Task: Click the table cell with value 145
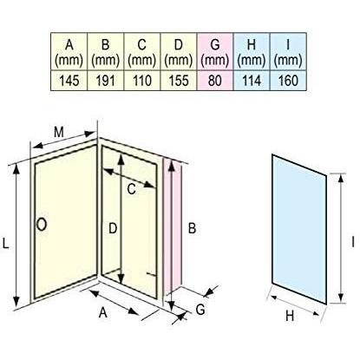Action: [x=69, y=81]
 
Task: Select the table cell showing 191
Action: [x=106, y=81]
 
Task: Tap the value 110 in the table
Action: [x=142, y=81]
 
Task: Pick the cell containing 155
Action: [x=179, y=81]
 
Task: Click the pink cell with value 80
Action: [x=215, y=81]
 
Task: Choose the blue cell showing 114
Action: [x=252, y=81]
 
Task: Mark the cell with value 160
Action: [x=288, y=81]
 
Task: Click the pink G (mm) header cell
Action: [x=215, y=51]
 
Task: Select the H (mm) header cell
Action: [x=252, y=51]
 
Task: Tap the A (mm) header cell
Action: [x=69, y=51]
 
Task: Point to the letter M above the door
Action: [x=59, y=132]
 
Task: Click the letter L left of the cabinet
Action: [x=6, y=243]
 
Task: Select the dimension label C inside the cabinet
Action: [x=131, y=190]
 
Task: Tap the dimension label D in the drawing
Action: [x=113, y=228]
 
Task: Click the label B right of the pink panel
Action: [x=193, y=228]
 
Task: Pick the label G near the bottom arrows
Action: [x=200, y=310]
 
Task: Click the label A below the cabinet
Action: [x=103, y=312]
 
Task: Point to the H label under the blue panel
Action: [x=290, y=316]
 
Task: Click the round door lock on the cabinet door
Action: [x=42, y=224]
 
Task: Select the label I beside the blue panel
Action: [x=353, y=242]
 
